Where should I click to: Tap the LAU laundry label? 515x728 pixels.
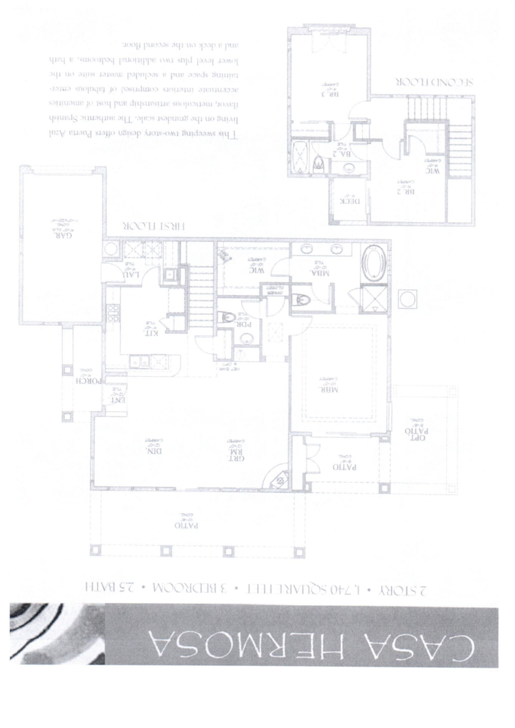pos(129,274)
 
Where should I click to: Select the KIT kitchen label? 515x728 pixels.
pos(152,331)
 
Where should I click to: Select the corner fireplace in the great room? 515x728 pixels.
pos(277,481)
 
